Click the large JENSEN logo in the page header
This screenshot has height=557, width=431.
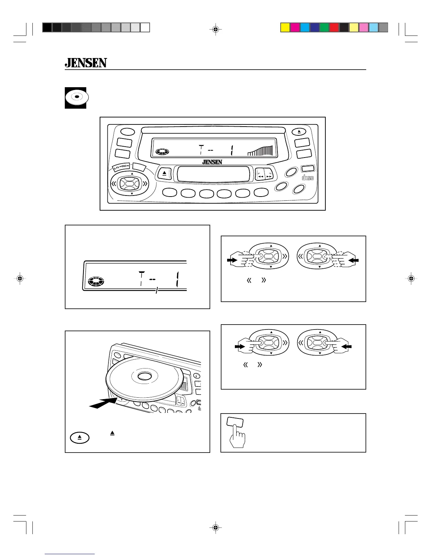tap(86, 63)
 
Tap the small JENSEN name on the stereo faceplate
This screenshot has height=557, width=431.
tap(212, 162)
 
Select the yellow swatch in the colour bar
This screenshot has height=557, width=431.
tap(285, 27)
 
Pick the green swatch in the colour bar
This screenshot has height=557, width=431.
tap(324, 27)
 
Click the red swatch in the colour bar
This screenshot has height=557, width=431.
tap(334, 27)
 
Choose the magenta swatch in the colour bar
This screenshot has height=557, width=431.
tap(295, 27)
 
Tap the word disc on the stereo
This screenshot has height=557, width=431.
tap(308, 178)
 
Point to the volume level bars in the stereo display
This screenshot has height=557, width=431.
tap(260, 151)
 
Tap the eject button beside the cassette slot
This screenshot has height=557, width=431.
tap(164, 173)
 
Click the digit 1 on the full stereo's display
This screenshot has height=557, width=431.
tap(231, 151)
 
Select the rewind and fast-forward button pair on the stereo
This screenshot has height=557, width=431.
tap(264, 174)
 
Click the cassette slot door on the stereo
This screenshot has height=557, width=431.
tap(213, 174)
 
